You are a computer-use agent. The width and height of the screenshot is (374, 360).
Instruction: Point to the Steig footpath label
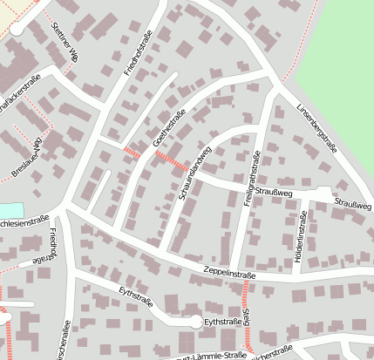(x=247, y=315)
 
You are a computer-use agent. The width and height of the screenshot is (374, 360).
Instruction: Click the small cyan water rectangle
(x=9, y=210)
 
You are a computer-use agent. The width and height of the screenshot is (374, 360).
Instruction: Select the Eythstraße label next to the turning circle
(x=221, y=322)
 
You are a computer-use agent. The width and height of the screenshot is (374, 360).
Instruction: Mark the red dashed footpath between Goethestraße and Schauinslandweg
(x=169, y=160)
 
